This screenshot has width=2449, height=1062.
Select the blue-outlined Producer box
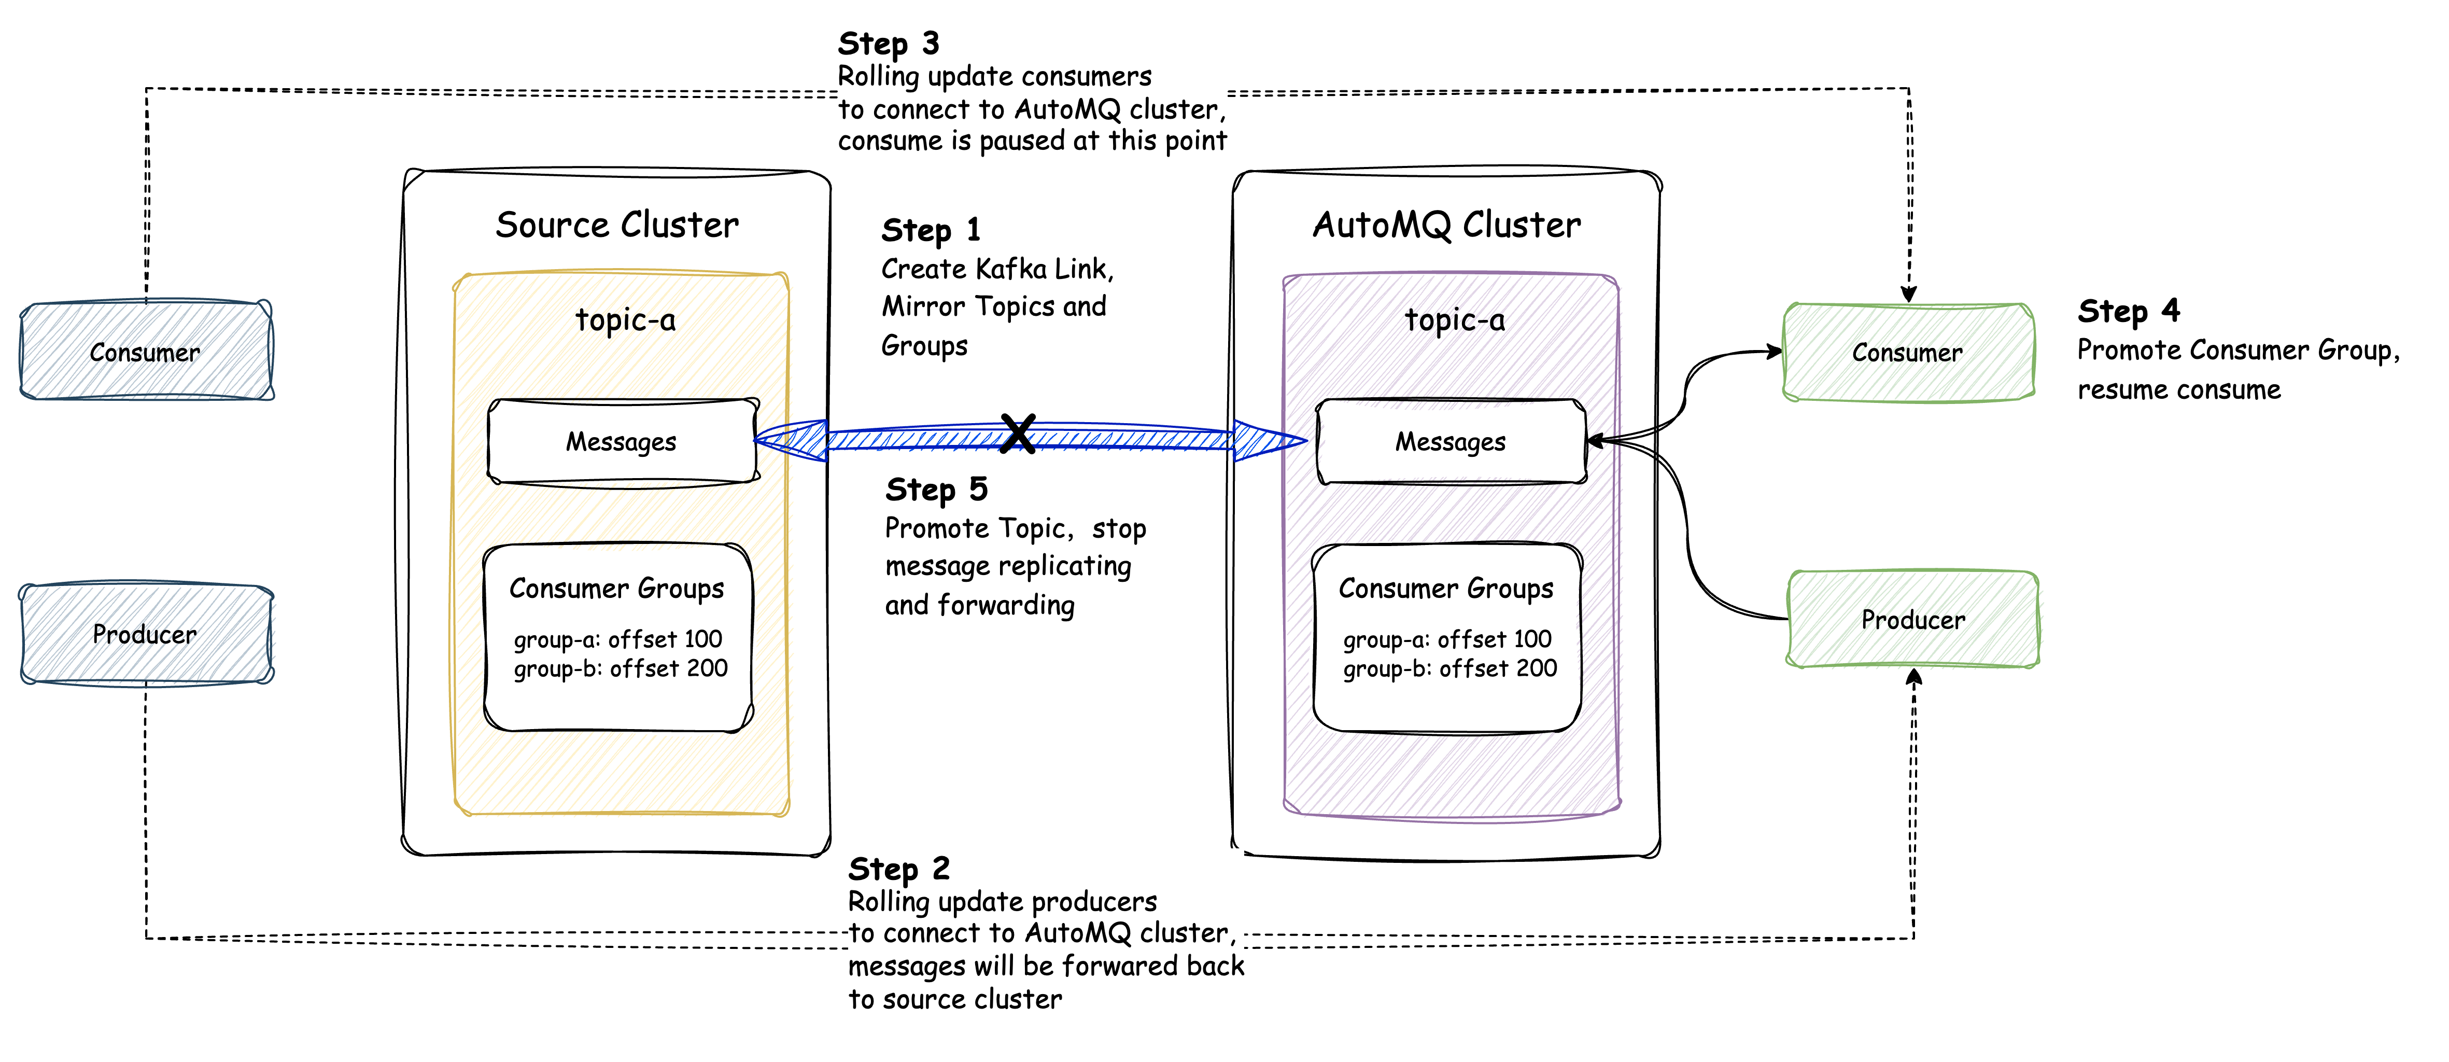point(146,633)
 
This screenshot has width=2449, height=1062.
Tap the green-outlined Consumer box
point(1908,352)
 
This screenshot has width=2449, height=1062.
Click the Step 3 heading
point(888,44)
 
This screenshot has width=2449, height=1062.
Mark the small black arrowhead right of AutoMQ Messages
point(1597,440)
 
